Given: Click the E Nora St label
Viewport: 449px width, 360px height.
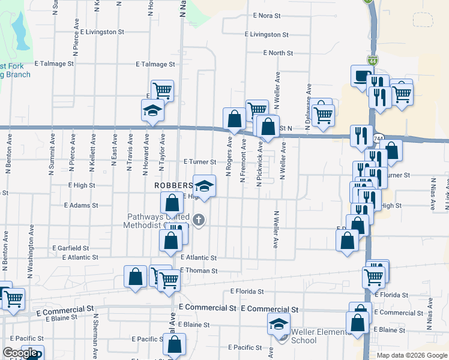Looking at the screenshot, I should [267, 16].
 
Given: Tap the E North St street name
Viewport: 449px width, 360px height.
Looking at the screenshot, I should [277, 53].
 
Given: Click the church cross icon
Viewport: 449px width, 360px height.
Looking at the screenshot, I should [200, 220].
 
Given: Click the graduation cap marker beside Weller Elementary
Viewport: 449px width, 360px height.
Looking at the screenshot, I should [278, 325].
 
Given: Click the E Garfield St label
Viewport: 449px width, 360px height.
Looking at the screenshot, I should [70, 248].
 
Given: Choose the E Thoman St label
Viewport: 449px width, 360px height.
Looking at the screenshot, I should [199, 271].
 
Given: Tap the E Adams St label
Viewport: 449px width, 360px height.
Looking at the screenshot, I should [81, 205].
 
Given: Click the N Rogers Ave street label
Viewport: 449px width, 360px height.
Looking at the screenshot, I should [229, 157].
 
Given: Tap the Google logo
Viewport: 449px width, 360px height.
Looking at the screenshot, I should [20, 353].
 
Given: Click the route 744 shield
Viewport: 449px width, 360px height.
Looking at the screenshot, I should [378, 139].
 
